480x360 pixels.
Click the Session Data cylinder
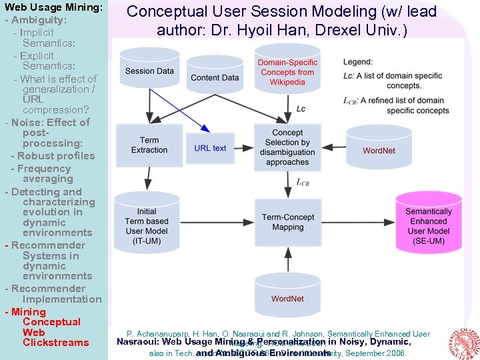[149, 71]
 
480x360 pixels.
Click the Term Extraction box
[149, 145]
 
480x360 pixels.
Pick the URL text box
[210, 148]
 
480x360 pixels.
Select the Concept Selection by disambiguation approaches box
[287, 147]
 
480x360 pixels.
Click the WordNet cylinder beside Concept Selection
[379, 149]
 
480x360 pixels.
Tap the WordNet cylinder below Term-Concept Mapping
[287, 297]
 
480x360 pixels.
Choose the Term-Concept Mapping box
[287, 222]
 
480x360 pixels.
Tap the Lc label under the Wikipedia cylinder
[301, 109]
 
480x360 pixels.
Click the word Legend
[358, 62]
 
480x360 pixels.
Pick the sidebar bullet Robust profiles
[57, 155]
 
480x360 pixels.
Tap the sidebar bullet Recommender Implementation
[53, 294]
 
